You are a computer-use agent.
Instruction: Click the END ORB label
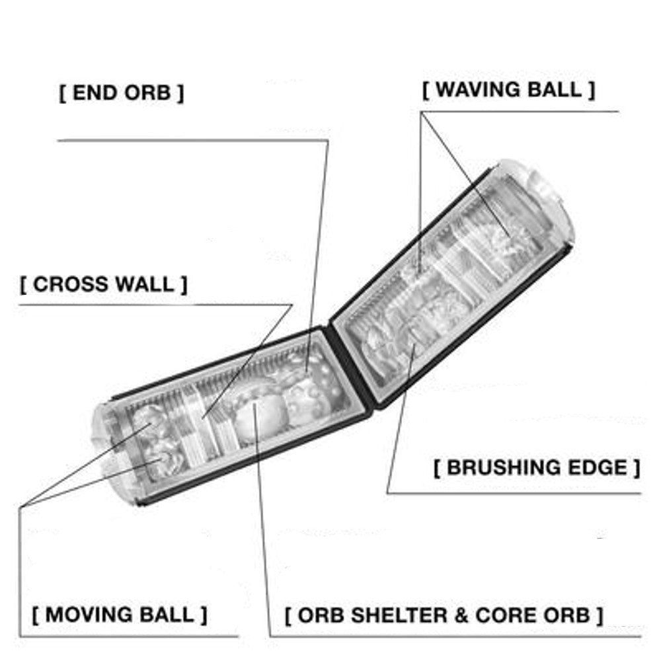click(122, 93)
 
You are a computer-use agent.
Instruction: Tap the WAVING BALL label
click(509, 90)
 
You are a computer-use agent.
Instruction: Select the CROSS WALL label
click(103, 284)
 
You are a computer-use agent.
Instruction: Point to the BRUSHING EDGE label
click(537, 467)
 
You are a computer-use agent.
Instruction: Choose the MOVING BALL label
click(120, 615)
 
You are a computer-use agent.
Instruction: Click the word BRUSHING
click(504, 467)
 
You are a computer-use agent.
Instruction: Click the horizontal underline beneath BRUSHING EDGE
click(514, 493)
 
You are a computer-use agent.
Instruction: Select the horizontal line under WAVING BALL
click(520, 112)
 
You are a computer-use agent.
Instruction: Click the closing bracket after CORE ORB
click(600, 615)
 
